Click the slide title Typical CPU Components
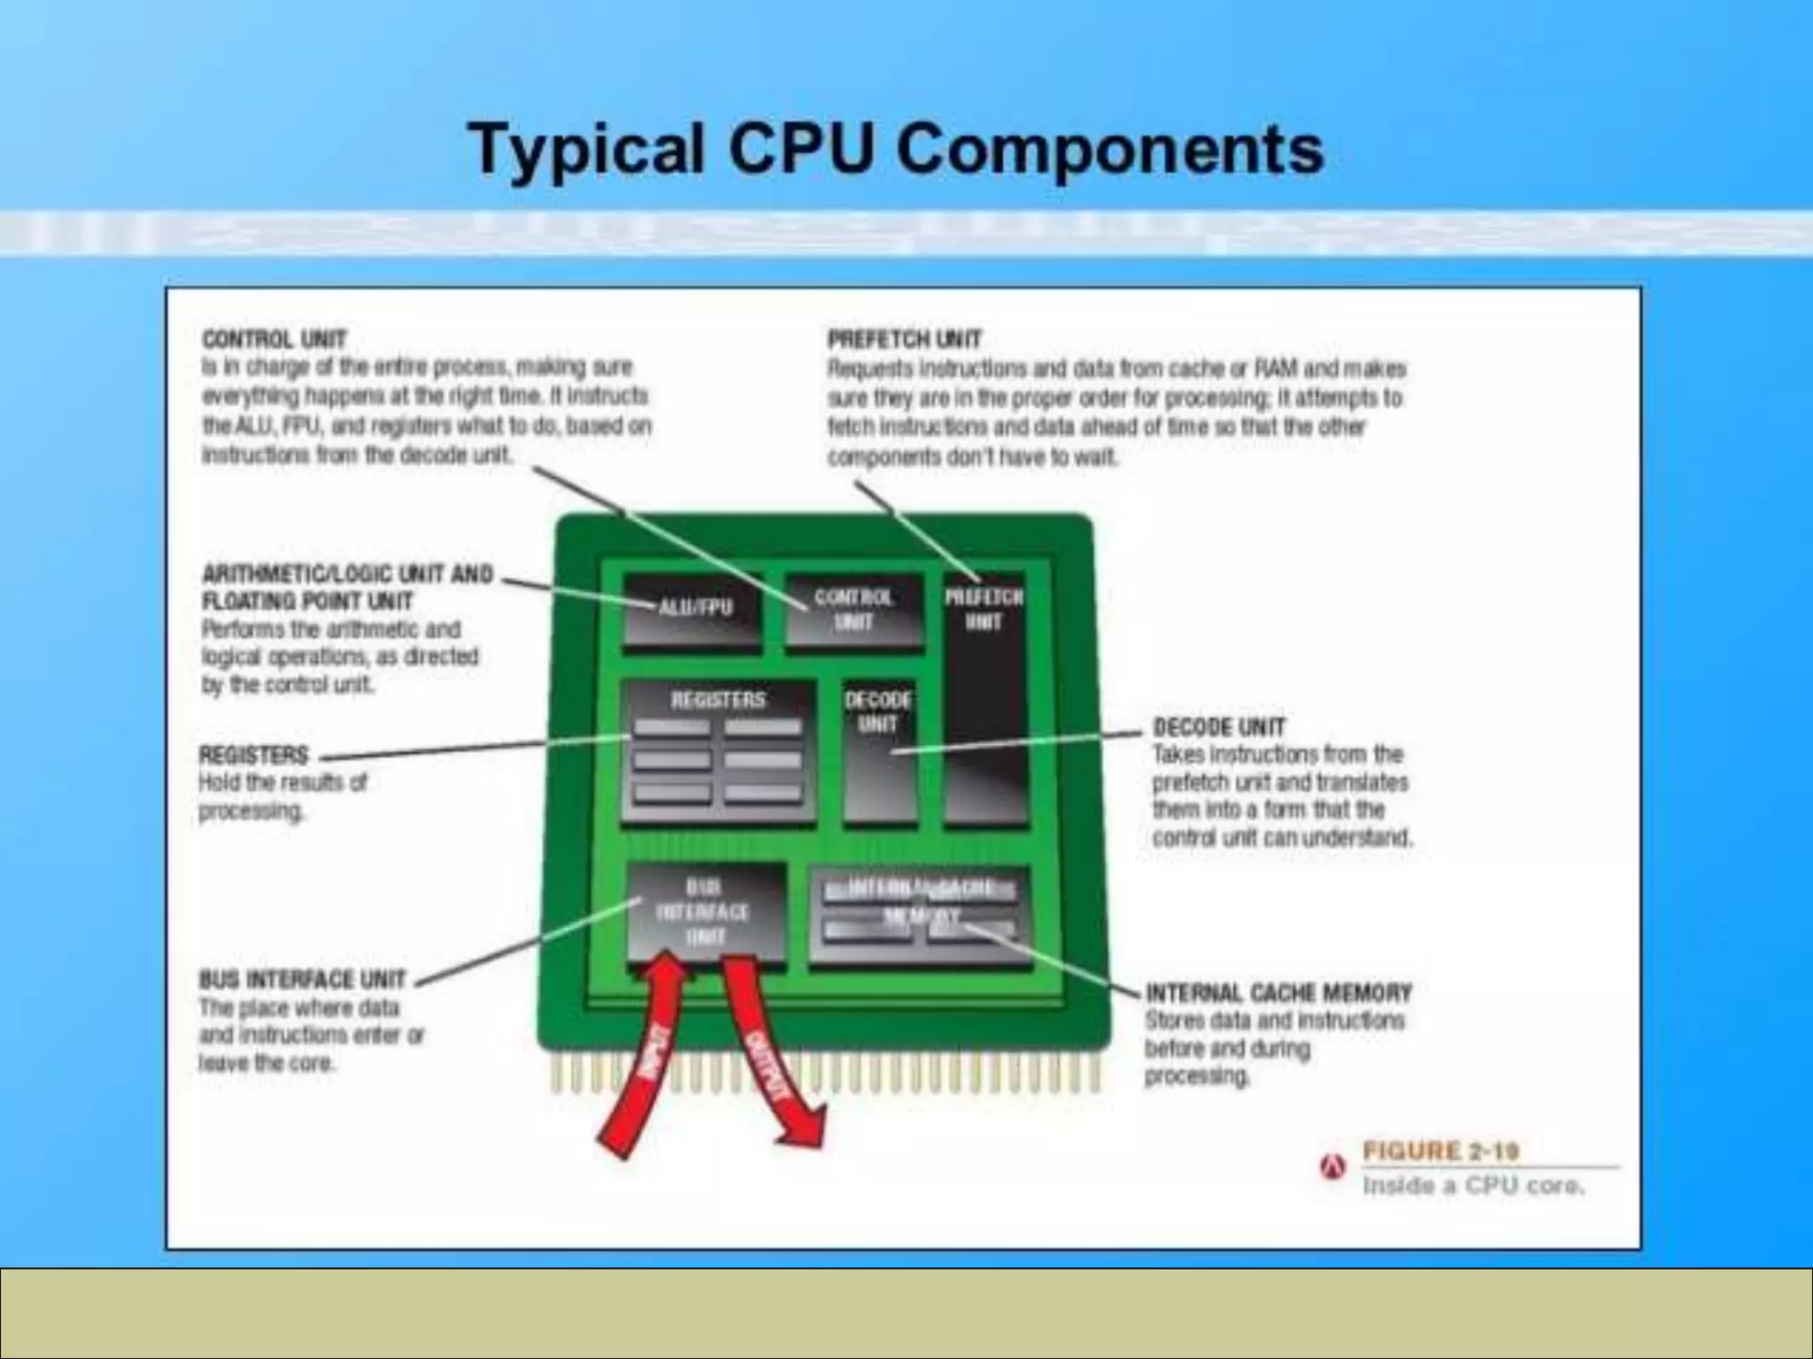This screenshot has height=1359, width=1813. coord(896,149)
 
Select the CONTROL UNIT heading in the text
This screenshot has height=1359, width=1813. coord(274,339)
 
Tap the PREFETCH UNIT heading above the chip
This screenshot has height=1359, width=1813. coord(904,339)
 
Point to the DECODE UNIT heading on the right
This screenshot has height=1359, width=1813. coord(1218,727)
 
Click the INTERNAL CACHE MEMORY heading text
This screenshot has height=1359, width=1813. coord(1278,993)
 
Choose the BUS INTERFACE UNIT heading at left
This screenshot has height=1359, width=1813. coord(302,979)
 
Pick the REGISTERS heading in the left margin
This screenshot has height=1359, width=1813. coord(253,755)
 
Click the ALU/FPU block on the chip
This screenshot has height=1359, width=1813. coord(692,610)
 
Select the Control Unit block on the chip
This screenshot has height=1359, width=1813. coord(854,610)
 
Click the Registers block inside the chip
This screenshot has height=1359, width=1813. coord(718,752)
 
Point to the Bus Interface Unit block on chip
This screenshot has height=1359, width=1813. coord(706,911)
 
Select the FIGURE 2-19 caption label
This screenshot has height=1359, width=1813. coord(1440,1151)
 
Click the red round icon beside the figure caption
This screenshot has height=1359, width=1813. coord(1332,1168)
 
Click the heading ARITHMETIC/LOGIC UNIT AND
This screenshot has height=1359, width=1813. coord(347,574)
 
